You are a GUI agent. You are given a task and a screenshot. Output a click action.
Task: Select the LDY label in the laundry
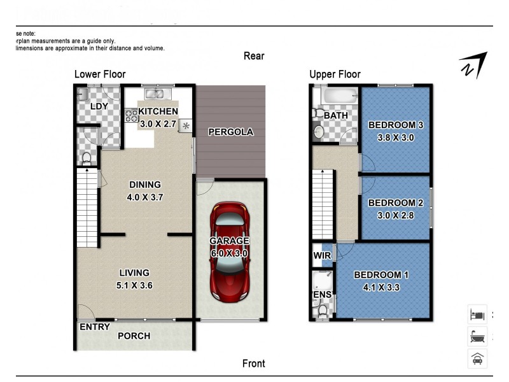click(x=99, y=106)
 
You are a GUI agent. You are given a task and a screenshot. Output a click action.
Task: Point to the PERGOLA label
click(x=231, y=132)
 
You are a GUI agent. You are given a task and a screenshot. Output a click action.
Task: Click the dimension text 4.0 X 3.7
click(x=146, y=197)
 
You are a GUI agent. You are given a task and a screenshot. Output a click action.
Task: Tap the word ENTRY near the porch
click(x=94, y=327)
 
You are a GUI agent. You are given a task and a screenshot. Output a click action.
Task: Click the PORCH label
click(x=134, y=336)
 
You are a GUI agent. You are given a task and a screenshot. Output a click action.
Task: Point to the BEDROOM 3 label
click(x=395, y=125)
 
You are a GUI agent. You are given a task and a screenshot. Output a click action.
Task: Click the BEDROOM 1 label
click(x=380, y=275)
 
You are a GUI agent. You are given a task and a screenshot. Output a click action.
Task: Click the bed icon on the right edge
click(x=477, y=314)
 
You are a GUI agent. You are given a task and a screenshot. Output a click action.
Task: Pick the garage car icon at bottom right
click(x=477, y=358)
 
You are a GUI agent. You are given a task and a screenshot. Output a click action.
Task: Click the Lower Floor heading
click(x=100, y=74)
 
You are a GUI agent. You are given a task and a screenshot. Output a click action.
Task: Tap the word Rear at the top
click(x=254, y=56)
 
